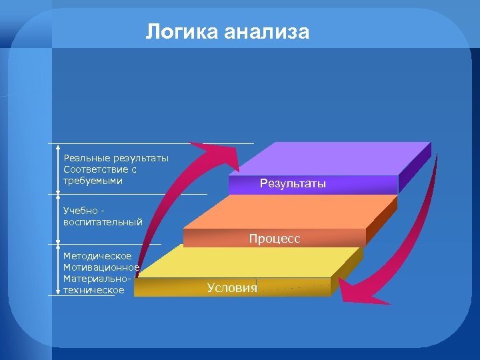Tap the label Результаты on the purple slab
coord(293,184)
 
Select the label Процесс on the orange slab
coord(275,238)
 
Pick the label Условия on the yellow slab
coord(231,287)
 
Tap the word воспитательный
coord(103,222)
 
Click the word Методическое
coord(97,256)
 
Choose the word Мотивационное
coord(101,267)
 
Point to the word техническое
coord(93,290)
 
